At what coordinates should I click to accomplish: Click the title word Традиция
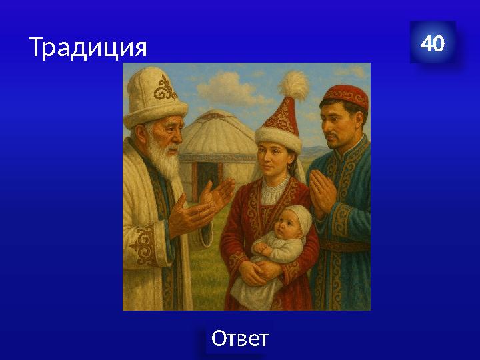click(x=87, y=47)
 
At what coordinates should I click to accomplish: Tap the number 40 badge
click(x=433, y=43)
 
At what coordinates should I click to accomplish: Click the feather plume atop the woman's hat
click(x=294, y=85)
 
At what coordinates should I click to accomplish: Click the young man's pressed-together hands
click(x=324, y=191)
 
